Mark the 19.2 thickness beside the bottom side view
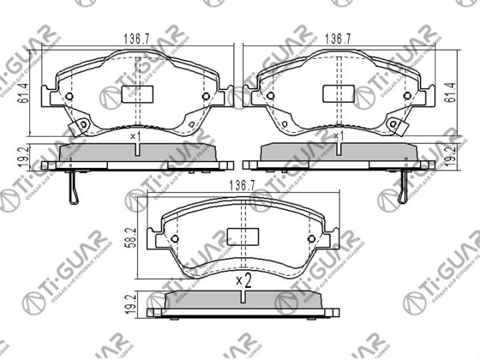[x=131, y=304]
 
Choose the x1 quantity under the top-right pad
[x=338, y=137]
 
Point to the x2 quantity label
[x=243, y=281]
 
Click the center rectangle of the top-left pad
[x=136, y=95]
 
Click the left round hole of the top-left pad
[x=69, y=97]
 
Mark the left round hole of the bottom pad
[x=175, y=239]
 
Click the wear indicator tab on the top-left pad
[x=82, y=125]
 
